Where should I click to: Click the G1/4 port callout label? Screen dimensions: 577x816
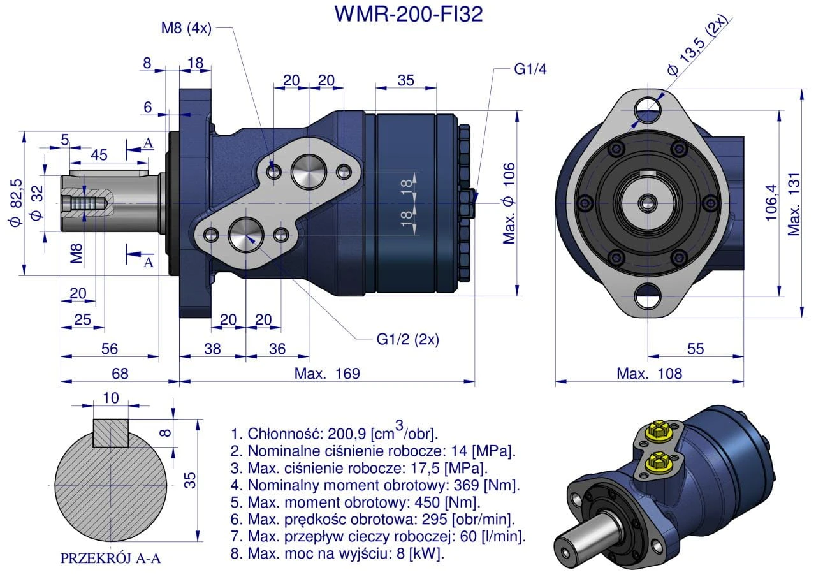tap(530, 69)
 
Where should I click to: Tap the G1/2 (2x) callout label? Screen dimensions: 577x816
tap(407, 339)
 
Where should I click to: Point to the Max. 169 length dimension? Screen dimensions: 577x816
tap(327, 374)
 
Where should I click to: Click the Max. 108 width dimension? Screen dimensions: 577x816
tap(649, 374)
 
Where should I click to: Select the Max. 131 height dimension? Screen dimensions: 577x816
tap(794, 203)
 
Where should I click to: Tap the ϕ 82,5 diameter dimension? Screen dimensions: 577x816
tap(15, 203)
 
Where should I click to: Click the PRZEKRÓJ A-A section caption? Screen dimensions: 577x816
tap(110, 559)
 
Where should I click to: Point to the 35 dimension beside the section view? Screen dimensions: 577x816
tap(189, 479)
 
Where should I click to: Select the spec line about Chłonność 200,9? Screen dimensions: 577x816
tap(335, 434)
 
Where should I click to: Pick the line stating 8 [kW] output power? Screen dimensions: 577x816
tap(338, 553)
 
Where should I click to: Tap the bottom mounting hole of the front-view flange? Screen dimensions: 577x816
tap(649, 297)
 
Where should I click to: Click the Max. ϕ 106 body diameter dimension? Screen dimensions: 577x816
tap(508, 203)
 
